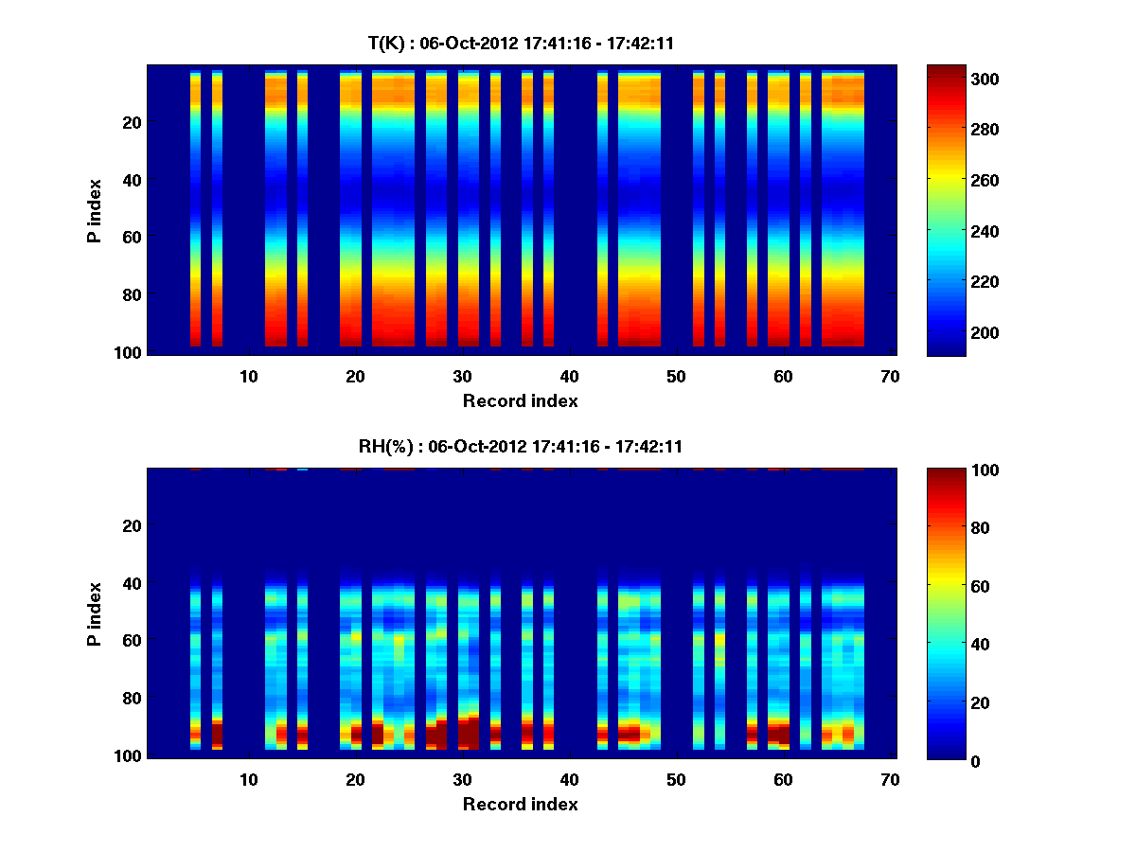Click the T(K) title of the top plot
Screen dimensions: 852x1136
tap(520, 43)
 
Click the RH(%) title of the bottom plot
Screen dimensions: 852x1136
tap(520, 447)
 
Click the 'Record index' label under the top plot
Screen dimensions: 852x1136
tap(520, 401)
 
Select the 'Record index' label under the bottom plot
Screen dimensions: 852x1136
tap(520, 805)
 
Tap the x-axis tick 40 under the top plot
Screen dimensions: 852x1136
tap(569, 376)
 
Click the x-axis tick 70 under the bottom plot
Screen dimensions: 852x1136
tap(890, 779)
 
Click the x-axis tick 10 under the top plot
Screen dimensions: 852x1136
tap(248, 376)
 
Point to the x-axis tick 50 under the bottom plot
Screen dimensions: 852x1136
tap(676, 779)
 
